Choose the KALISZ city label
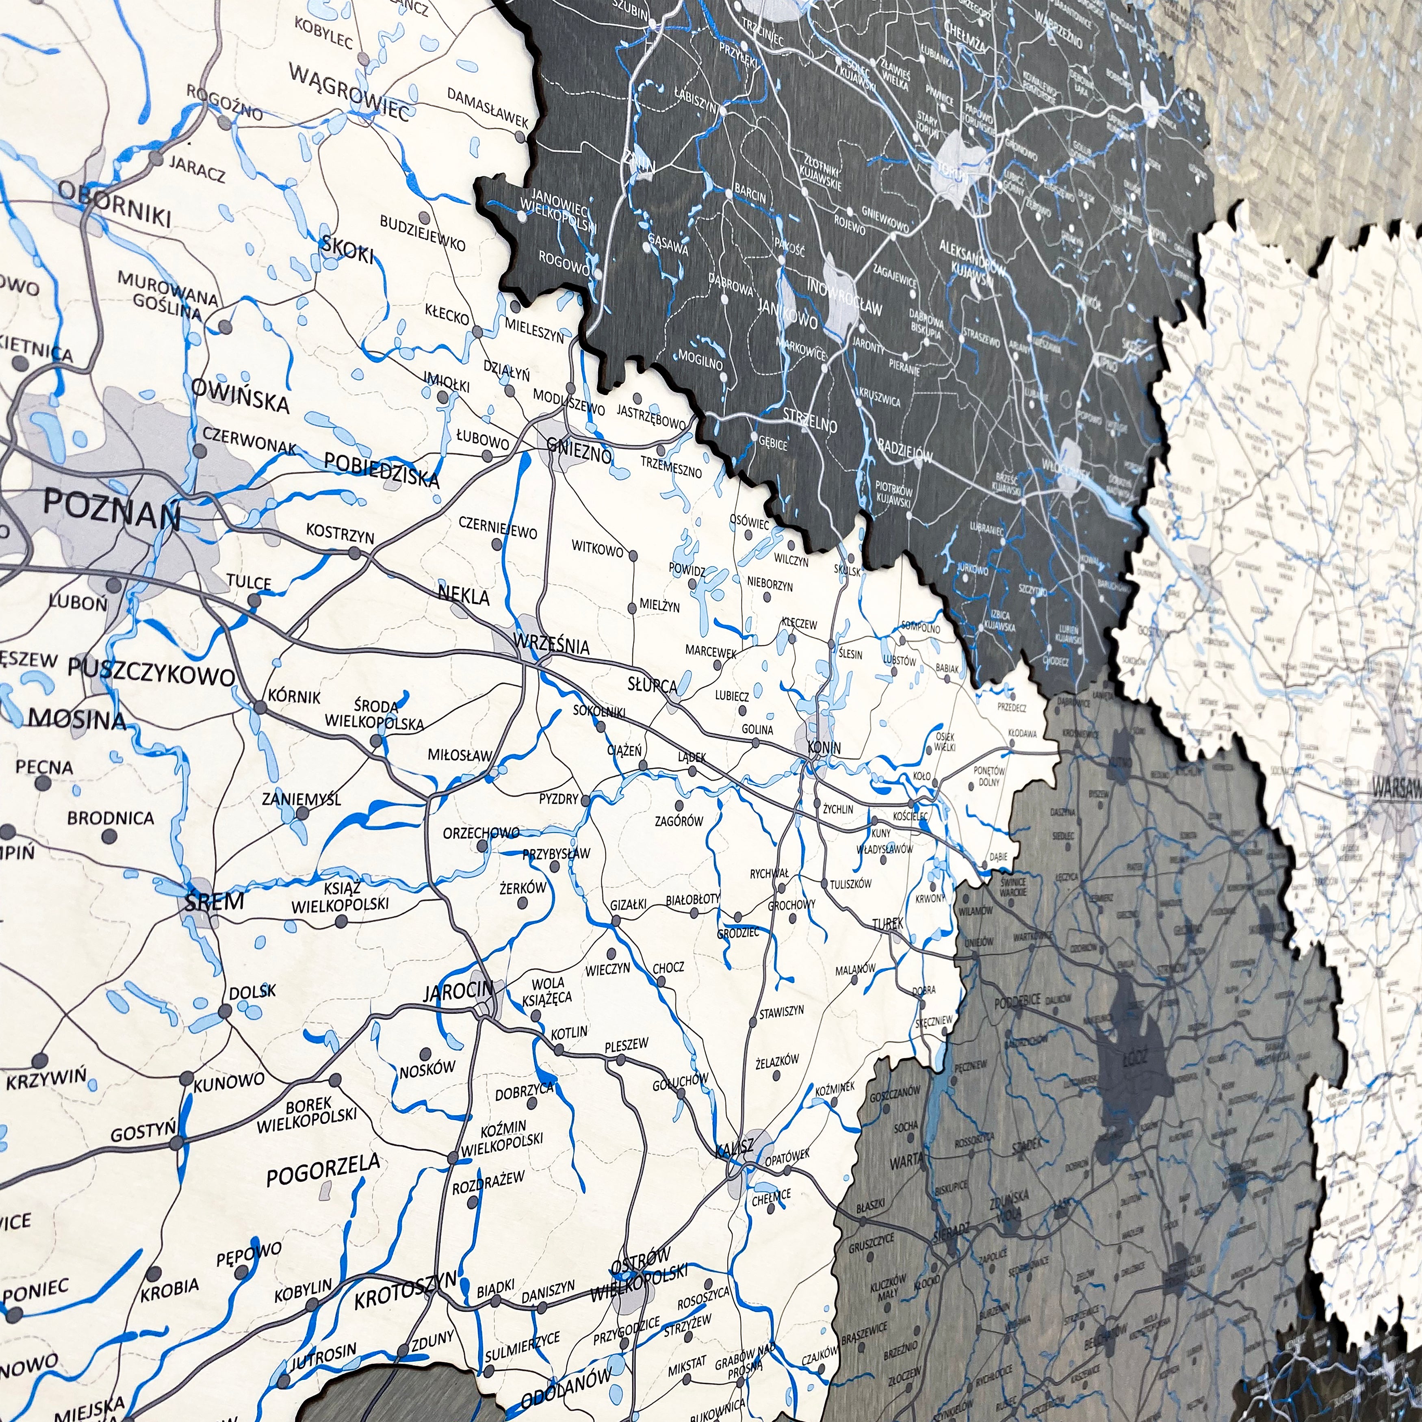(x=735, y=1147)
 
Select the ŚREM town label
(x=213, y=901)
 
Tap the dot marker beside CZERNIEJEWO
(x=496, y=545)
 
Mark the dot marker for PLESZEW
(x=621, y=1060)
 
